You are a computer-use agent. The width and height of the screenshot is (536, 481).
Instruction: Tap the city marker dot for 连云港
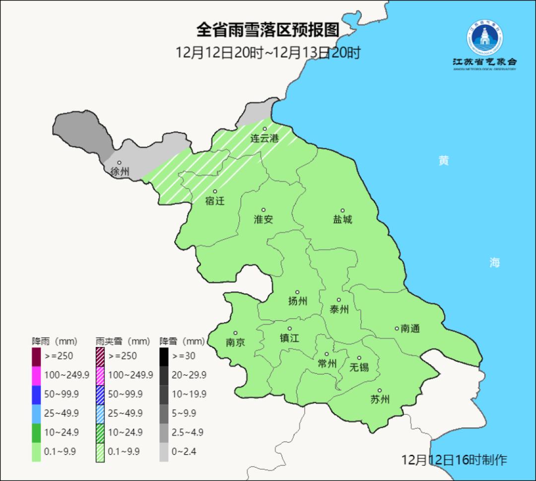coord(265,129)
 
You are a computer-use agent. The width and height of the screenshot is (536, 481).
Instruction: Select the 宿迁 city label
coord(215,201)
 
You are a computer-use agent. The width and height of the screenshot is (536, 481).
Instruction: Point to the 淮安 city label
coord(264,219)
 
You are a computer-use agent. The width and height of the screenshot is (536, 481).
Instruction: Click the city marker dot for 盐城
coord(342,210)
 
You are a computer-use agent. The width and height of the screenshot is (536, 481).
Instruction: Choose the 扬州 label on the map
coord(298,301)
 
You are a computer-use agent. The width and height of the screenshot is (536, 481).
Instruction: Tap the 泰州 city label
coord(339,310)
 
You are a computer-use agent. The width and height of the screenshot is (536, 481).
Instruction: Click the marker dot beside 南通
coord(397,328)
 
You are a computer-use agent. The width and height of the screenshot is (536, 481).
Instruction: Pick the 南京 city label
coord(235,343)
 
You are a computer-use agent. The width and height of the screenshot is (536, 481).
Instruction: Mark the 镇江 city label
coord(289,338)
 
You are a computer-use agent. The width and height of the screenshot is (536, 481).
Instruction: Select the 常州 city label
coord(327,364)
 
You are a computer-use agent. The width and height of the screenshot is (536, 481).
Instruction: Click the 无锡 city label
coord(359,367)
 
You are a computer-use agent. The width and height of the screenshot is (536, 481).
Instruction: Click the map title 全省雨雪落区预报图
coord(268,30)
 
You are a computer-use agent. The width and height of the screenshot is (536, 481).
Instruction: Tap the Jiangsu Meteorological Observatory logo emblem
coord(484,39)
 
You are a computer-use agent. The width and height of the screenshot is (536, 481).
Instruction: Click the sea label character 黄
coord(443,161)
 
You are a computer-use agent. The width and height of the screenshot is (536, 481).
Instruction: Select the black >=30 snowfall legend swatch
coord(164,356)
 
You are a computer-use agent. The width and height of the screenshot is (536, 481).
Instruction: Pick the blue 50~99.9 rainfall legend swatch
coord(36,394)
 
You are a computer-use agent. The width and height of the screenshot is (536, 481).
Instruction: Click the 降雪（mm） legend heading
coord(182,342)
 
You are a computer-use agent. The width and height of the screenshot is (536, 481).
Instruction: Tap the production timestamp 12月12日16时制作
coord(454,460)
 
